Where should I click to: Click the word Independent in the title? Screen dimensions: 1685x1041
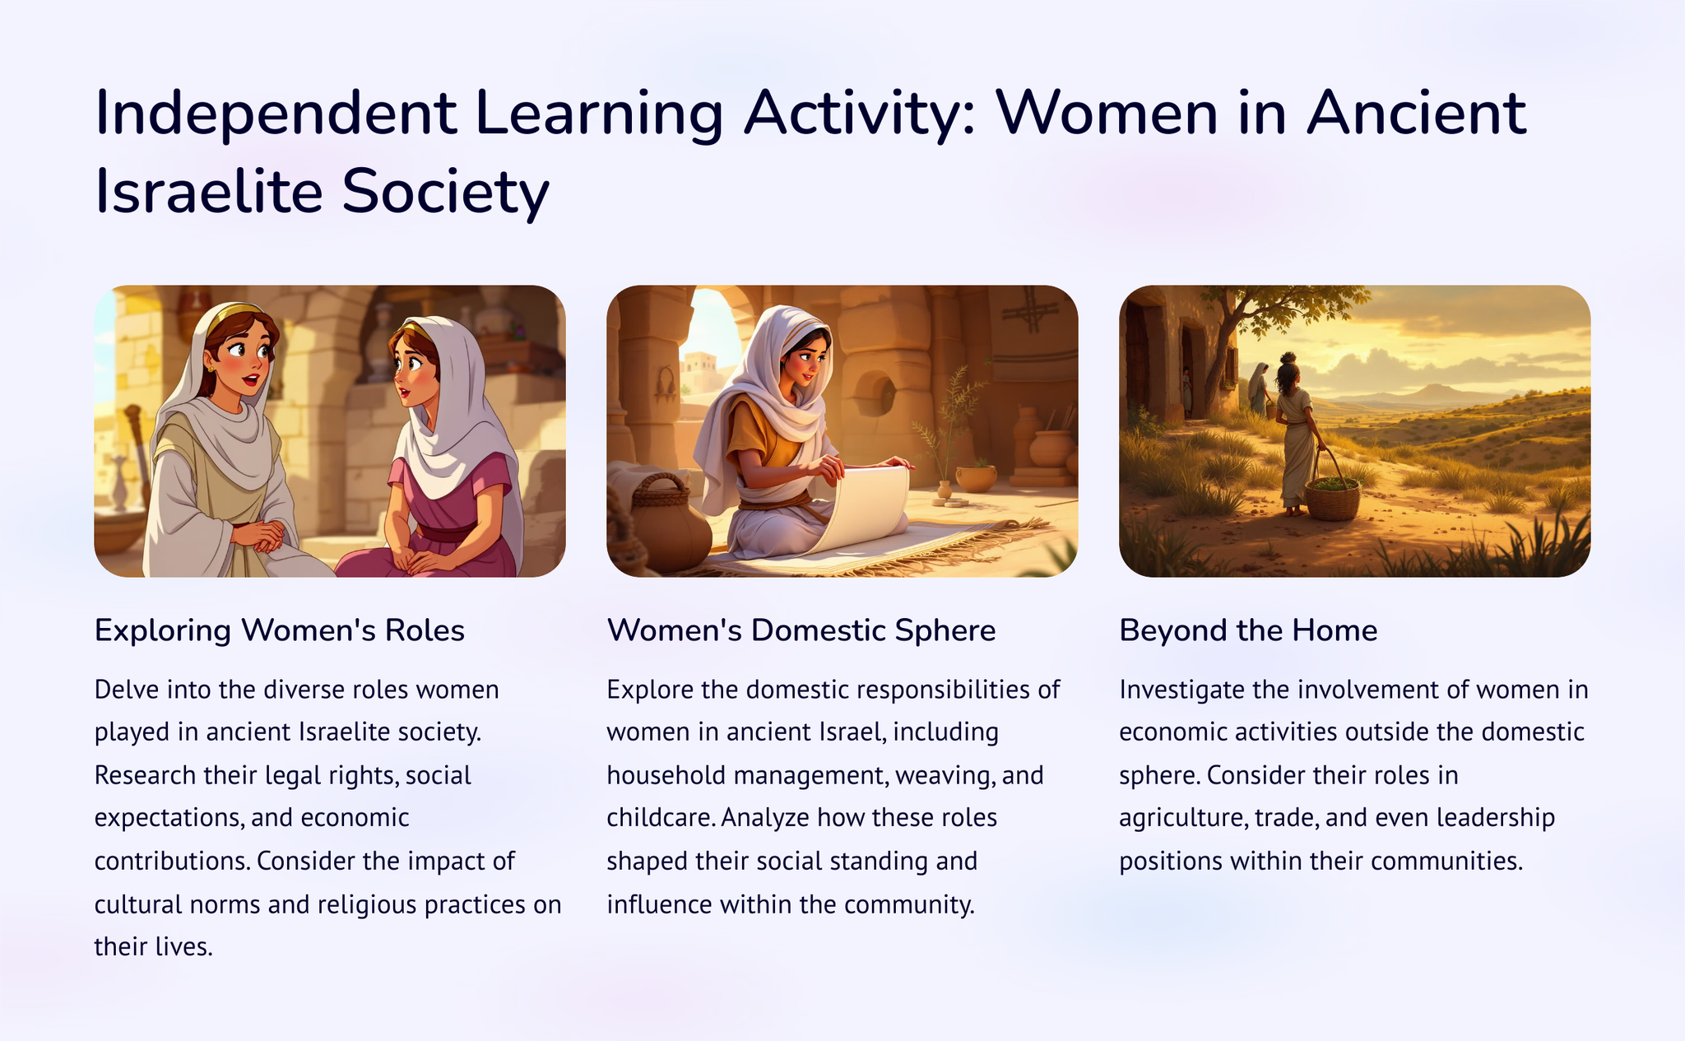(x=276, y=113)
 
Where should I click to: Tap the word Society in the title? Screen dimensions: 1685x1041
(x=445, y=192)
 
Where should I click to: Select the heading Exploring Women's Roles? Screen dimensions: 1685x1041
(x=280, y=630)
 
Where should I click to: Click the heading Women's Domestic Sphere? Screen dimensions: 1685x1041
(x=801, y=630)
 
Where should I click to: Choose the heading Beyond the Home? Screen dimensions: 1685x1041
(x=1248, y=630)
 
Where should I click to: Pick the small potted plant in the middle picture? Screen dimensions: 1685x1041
(x=976, y=476)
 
